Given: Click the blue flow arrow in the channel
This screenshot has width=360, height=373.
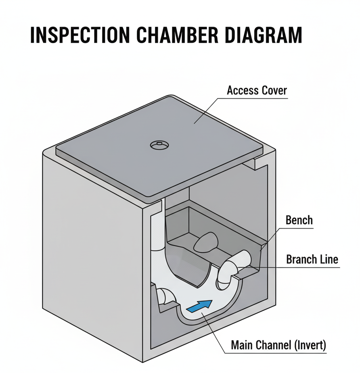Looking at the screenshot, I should pyautogui.click(x=201, y=305).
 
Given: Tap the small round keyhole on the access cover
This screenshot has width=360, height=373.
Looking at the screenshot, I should pyautogui.click(x=159, y=145).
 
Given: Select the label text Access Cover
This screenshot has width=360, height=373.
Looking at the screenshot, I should pyautogui.click(x=257, y=90).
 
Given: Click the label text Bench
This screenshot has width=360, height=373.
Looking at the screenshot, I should pyautogui.click(x=299, y=220).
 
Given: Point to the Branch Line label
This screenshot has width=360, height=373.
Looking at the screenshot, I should pyautogui.click(x=312, y=259).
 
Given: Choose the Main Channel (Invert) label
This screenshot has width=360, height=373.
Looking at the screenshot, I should pyautogui.click(x=278, y=345).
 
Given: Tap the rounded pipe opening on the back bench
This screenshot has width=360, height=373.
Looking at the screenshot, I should pyautogui.click(x=207, y=241).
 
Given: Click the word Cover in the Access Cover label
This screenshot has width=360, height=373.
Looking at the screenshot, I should pyautogui.click(x=274, y=90).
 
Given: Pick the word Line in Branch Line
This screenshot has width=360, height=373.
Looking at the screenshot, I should pyautogui.click(x=329, y=259).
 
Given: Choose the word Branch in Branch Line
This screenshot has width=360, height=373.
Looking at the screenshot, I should pyautogui.click(x=302, y=259).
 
